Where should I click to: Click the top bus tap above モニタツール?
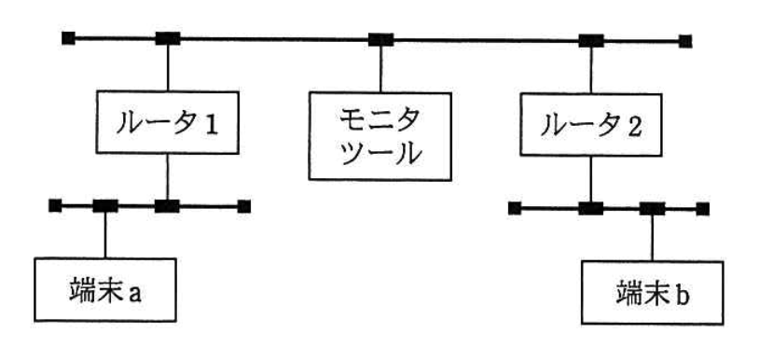[379, 39]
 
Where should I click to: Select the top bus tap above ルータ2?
[589, 40]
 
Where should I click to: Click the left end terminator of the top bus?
[68, 38]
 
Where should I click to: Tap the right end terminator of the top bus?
[685, 40]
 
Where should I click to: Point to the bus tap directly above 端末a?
[104, 205]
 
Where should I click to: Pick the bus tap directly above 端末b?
[651, 208]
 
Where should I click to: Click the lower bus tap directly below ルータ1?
[167, 205]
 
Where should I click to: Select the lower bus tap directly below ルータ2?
[589, 208]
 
